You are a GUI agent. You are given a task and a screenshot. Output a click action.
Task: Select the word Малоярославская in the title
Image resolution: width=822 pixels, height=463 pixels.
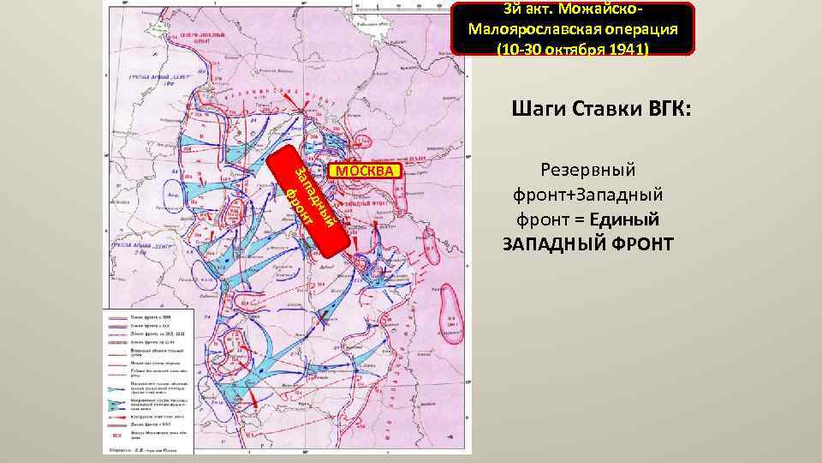531,30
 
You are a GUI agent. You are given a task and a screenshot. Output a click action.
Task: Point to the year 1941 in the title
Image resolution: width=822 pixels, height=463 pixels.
625,49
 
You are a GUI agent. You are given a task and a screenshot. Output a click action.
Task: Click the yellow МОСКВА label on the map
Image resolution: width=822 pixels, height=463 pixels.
365,171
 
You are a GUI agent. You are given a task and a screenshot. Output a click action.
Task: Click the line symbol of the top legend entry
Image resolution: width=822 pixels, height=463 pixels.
118,316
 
